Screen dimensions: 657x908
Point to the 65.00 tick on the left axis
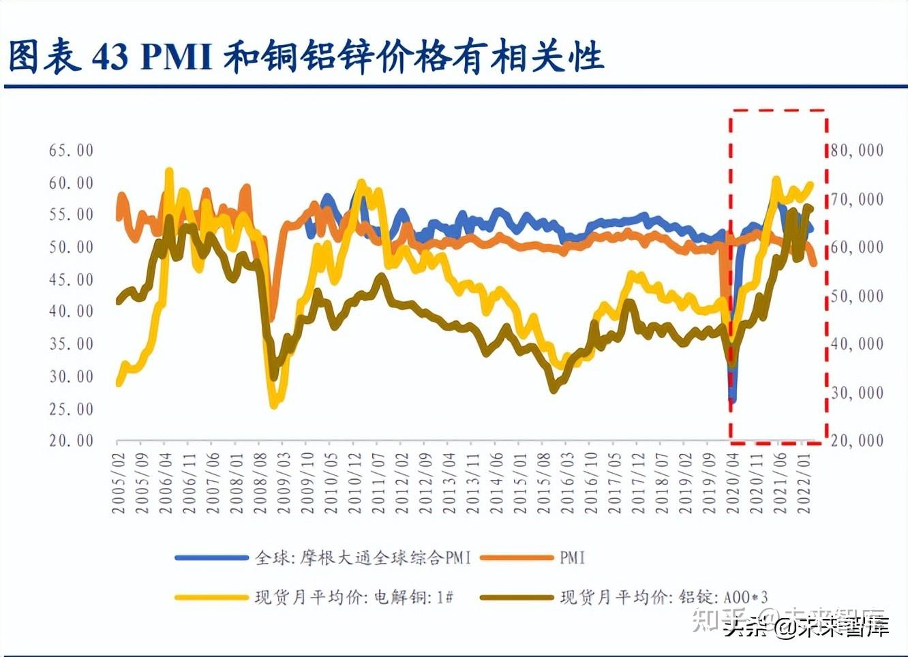coord(71,151)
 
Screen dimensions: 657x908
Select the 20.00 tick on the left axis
coord(71,441)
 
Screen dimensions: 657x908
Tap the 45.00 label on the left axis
coord(71,279)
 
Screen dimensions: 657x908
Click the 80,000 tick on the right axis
coord(857,151)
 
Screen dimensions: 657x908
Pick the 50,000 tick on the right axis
coord(857,296)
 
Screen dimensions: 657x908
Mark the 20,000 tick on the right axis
coord(857,441)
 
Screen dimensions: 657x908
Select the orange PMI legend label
coord(573,558)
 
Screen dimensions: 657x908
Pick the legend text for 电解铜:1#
coord(354,598)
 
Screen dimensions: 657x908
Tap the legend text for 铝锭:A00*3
coord(664,598)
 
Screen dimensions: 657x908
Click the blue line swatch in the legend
coord(211,558)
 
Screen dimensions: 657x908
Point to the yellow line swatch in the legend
coord(211,598)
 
